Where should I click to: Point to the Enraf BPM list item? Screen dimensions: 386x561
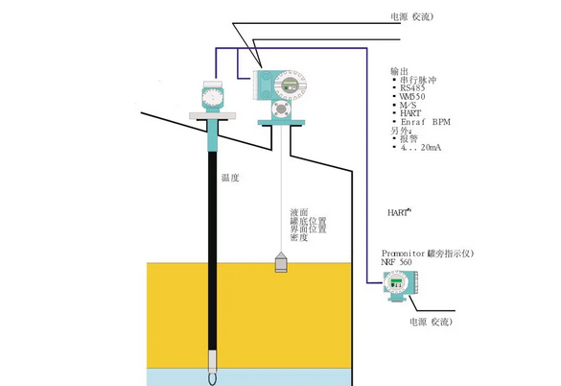(421, 122)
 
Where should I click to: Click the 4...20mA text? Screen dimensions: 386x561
(419, 150)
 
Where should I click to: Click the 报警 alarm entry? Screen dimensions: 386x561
(410, 140)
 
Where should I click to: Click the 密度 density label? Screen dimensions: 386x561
(298, 238)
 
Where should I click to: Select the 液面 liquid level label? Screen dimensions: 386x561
(298, 212)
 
